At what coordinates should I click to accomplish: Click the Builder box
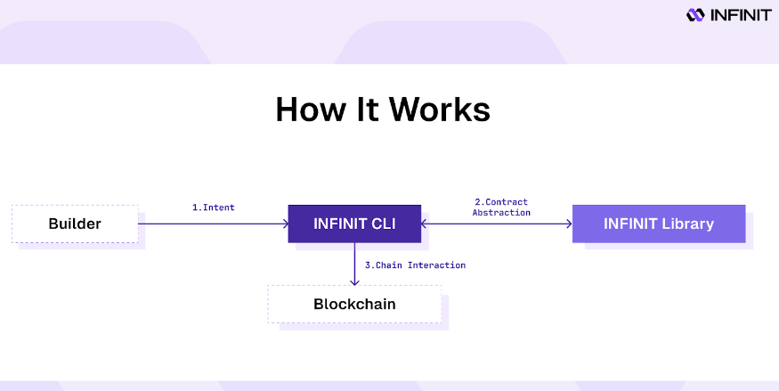[x=75, y=224]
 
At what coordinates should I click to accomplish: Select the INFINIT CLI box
[x=354, y=224]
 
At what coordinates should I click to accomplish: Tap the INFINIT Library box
[x=659, y=224]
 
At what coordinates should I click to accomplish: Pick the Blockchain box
[x=354, y=304]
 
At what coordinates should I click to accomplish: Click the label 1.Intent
[x=214, y=208]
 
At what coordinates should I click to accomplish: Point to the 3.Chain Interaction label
[x=416, y=265]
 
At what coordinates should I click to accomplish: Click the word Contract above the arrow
[x=507, y=202]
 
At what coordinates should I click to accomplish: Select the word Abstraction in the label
[x=501, y=213]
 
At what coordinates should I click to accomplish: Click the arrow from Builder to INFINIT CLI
[x=214, y=224]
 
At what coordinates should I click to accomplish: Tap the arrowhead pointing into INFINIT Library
[x=569, y=224]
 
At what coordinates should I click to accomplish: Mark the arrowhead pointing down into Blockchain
[x=354, y=282]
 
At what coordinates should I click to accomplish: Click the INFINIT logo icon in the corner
[x=695, y=15]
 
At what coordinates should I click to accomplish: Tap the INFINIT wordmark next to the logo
[x=741, y=15]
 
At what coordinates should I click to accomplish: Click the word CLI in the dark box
[x=382, y=224]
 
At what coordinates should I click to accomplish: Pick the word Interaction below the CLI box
[x=437, y=265]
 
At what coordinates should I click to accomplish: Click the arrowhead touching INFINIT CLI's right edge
[x=425, y=224]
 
